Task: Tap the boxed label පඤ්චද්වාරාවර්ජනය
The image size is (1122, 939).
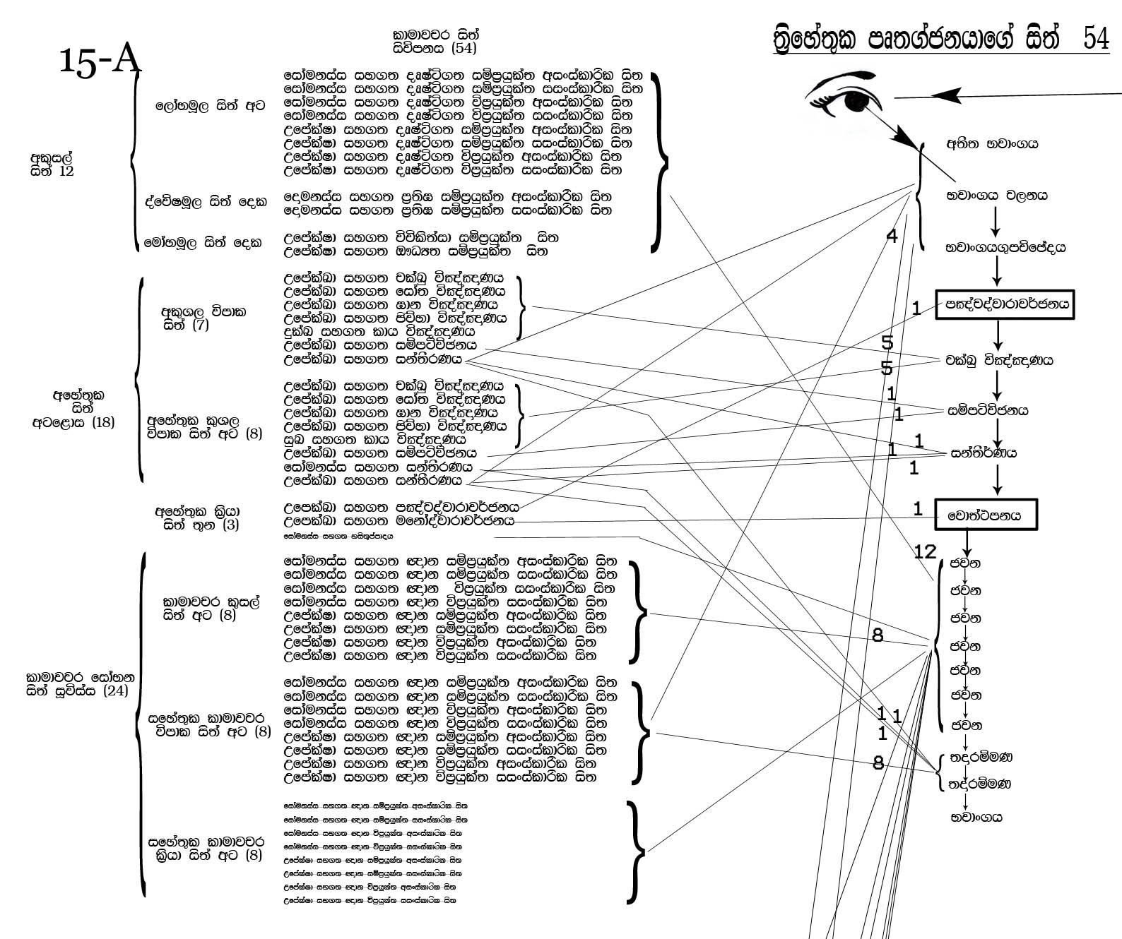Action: [1004, 305]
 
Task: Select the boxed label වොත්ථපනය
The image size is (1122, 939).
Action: [987, 515]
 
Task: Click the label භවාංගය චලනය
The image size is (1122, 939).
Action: [997, 196]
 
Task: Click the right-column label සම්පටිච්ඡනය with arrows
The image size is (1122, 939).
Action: [998, 410]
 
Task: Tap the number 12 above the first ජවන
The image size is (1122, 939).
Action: [925, 551]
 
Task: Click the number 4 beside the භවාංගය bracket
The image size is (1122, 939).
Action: [892, 236]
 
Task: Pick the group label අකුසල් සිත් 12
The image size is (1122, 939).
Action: [52, 164]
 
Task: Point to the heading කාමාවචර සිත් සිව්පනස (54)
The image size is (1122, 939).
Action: [435, 42]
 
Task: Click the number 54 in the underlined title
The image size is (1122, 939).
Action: [1095, 40]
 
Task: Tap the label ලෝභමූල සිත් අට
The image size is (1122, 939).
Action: [211, 106]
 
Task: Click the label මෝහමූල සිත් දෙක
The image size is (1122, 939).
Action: [203, 242]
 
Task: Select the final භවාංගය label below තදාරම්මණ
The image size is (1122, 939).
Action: [976, 818]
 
